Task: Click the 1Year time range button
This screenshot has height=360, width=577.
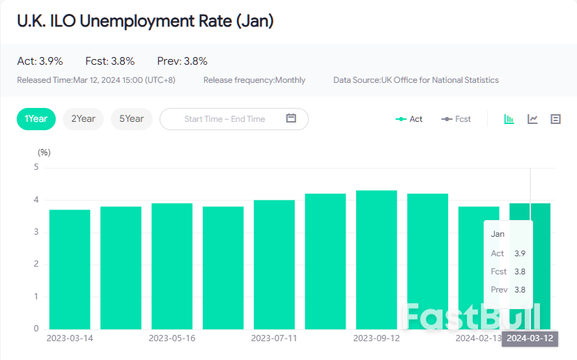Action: pos(36,119)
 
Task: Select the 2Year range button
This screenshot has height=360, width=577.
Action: pos(83,119)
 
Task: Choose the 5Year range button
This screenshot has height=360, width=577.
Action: pos(132,119)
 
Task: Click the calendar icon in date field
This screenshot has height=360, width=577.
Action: pos(291,118)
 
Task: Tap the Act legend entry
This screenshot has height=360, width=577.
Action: pos(409,119)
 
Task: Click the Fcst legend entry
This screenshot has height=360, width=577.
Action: pos(456,119)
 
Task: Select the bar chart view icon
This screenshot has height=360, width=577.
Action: pos(509,119)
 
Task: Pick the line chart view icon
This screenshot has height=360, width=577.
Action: pos(532,119)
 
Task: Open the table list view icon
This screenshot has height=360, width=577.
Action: pos(555,119)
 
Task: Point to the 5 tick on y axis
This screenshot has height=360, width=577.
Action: pos(36,167)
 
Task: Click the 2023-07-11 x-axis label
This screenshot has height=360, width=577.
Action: pos(274,338)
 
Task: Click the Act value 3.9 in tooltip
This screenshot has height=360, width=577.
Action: pos(520,253)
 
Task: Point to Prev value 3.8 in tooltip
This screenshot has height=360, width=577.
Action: pos(520,290)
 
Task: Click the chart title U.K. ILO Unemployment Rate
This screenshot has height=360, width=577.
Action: pos(145,22)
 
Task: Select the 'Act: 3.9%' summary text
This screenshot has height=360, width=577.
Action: pos(40,61)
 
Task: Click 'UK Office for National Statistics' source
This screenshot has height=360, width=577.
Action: pos(440,80)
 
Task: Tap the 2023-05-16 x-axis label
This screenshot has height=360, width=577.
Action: pos(172,338)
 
